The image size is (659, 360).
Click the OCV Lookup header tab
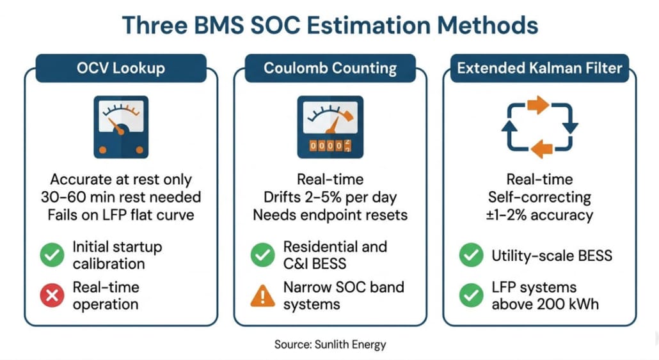point(121,68)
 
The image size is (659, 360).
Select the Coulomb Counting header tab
point(330,68)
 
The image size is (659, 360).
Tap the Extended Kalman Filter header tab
point(539,68)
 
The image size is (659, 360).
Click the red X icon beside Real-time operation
point(52,295)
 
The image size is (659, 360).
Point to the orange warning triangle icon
point(262,295)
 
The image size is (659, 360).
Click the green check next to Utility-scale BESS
point(472,256)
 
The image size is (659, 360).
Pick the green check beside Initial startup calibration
point(52,255)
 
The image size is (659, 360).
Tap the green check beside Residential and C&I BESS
point(262,255)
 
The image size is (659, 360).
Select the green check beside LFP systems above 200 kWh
point(472,295)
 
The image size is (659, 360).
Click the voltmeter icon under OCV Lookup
point(120,127)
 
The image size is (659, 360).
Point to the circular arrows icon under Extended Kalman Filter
point(539,127)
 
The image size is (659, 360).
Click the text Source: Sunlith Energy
point(330,345)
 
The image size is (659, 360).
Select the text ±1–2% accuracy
point(539,215)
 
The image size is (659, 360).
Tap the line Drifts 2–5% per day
point(330,197)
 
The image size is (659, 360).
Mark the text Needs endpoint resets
point(330,215)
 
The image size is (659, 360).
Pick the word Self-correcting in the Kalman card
point(539,197)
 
